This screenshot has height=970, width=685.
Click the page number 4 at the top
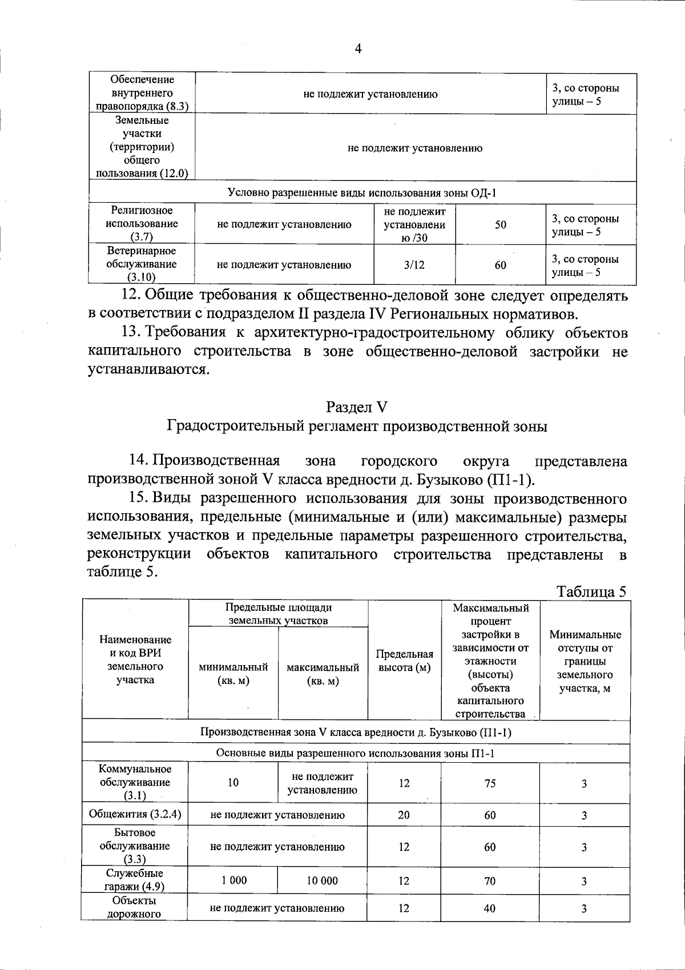pyautogui.click(x=358, y=49)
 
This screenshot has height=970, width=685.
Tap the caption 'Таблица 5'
pyautogui.click(x=591, y=591)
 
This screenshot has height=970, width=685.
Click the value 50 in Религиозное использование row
pyautogui.click(x=500, y=224)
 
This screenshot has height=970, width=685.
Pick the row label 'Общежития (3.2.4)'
pyautogui.click(x=135, y=814)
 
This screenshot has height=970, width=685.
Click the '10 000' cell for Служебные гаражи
pyautogui.click(x=322, y=880)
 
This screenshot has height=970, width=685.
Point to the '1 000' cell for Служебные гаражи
pyautogui.click(x=233, y=880)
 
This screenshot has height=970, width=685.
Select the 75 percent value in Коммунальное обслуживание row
pyautogui.click(x=490, y=783)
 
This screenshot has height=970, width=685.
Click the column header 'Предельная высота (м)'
pyautogui.click(x=404, y=661)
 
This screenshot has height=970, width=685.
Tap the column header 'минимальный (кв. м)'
pyautogui.click(x=233, y=674)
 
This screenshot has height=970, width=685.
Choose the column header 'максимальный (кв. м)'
pyautogui.click(x=323, y=674)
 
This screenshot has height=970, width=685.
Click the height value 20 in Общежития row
pyautogui.click(x=404, y=815)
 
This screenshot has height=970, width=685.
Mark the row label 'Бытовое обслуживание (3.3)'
pyautogui.click(x=135, y=846)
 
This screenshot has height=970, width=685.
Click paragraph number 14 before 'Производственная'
pyautogui.click(x=139, y=461)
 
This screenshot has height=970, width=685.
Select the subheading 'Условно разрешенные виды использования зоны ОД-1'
pyautogui.click(x=362, y=193)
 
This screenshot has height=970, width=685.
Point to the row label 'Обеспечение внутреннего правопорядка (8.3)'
pyautogui.click(x=142, y=92)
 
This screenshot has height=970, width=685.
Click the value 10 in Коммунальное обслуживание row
pyautogui.click(x=233, y=783)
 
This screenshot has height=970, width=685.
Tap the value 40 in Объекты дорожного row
pyautogui.click(x=489, y=908)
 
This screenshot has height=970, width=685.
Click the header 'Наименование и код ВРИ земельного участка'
pyautogui.click(x=135, y=660)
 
